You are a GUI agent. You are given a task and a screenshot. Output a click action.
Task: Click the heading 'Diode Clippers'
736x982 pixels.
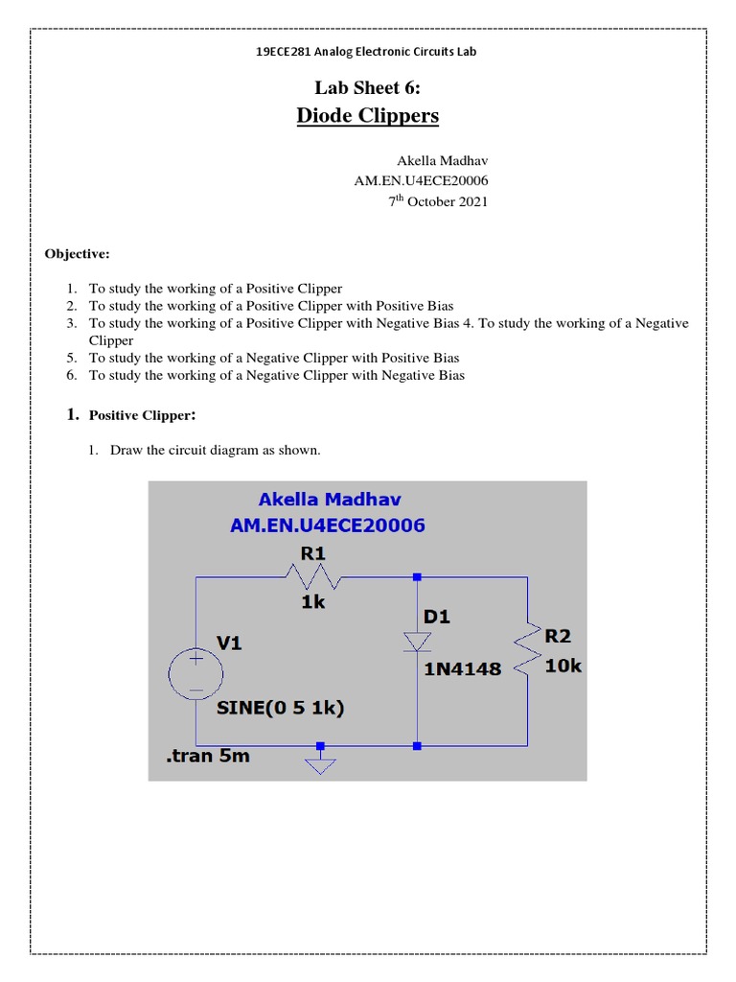click(367, 116)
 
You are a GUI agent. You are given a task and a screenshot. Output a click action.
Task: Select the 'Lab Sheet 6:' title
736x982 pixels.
click(368, 89)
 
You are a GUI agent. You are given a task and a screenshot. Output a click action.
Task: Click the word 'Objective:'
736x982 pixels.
click(78, 254)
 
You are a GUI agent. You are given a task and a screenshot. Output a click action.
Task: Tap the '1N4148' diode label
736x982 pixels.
click(462, 669)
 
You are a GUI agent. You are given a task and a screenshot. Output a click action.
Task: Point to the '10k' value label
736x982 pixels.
click(563, 666)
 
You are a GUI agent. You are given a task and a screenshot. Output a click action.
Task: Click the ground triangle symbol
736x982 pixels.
click(321, 764)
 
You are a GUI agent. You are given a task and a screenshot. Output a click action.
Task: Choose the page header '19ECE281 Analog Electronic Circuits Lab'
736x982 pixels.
click(367, 51)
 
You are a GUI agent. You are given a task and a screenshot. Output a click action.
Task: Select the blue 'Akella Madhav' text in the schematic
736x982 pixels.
click(330, 499)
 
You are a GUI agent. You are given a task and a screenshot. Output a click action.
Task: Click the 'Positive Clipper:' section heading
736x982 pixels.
click(143, 415)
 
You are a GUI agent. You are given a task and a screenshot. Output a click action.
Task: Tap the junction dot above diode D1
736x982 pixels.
click(417, 577)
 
